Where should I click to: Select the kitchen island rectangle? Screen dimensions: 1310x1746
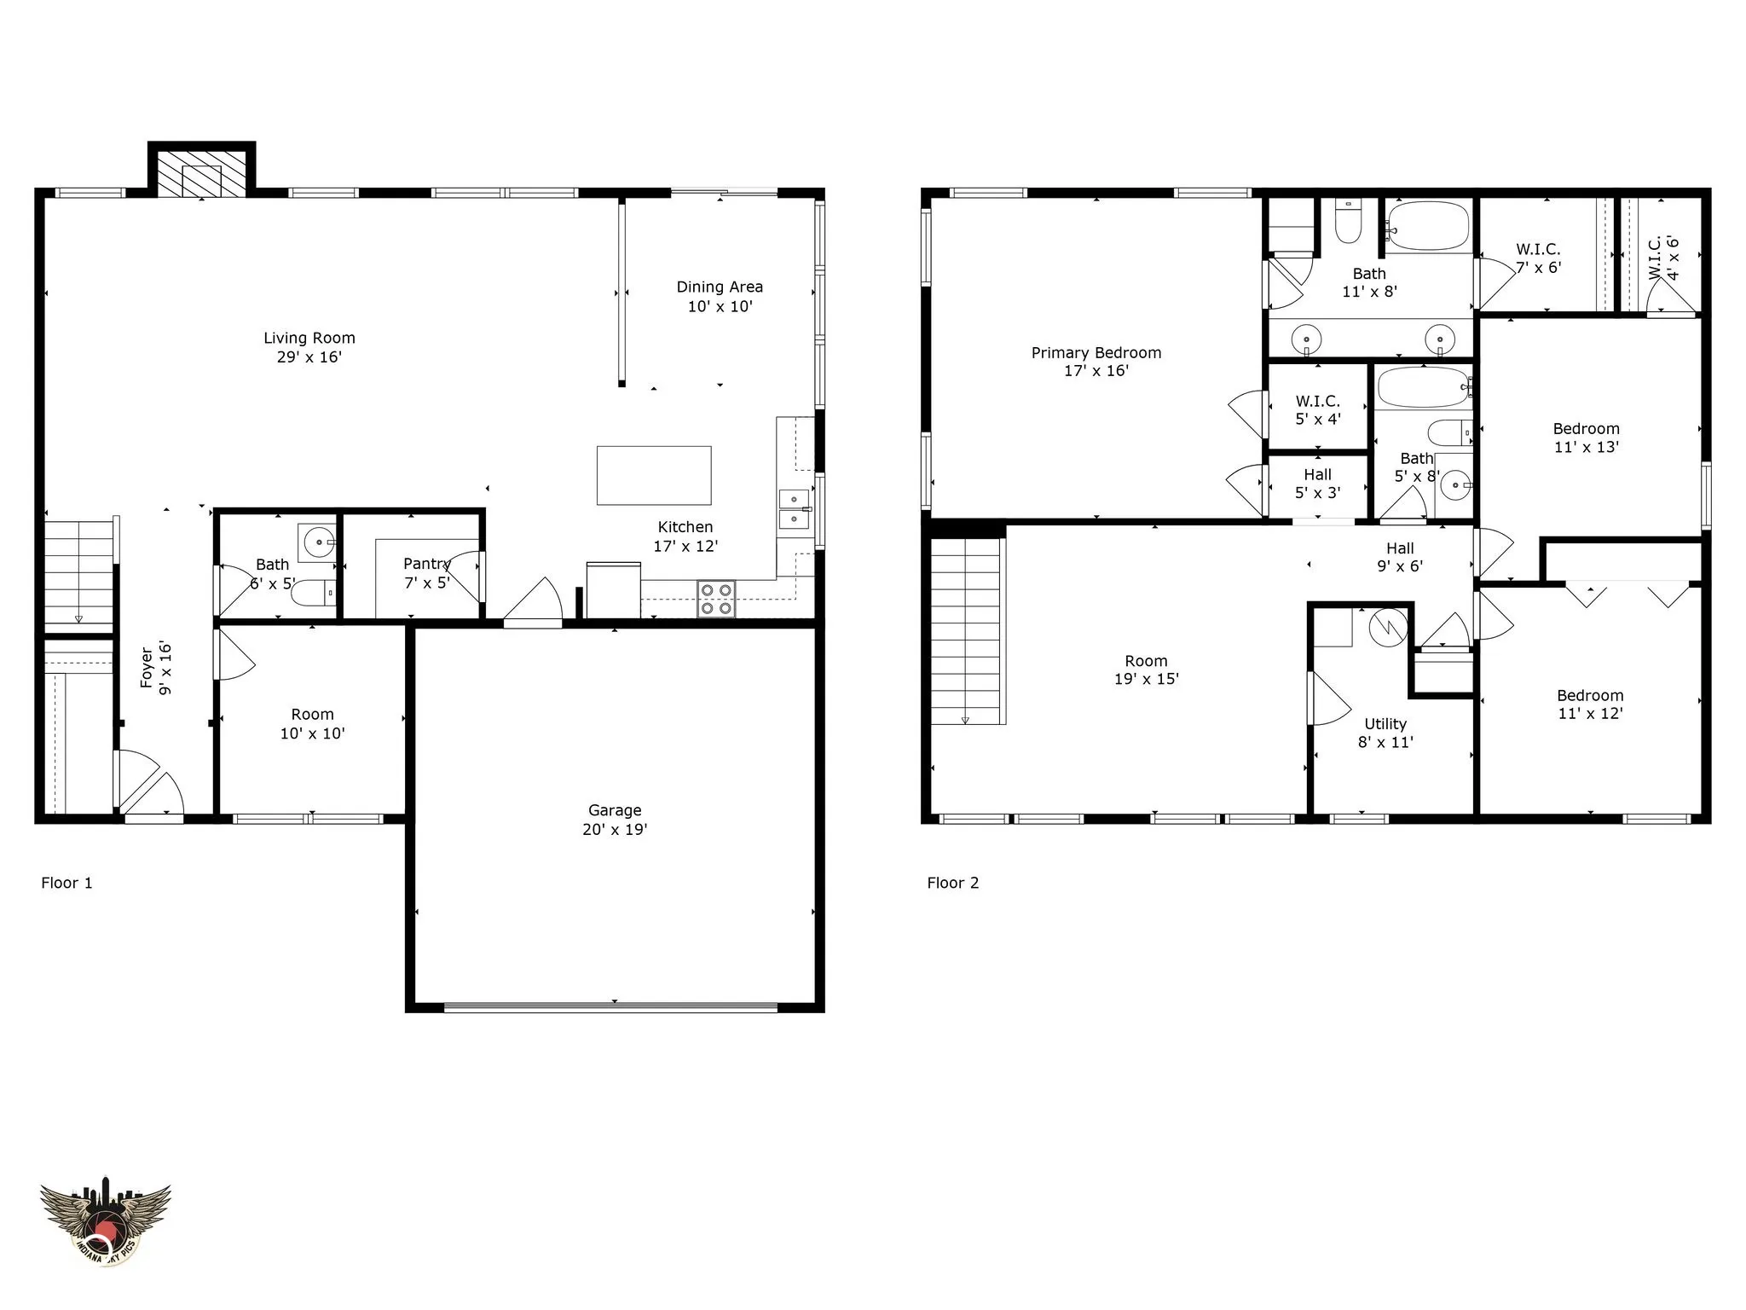pyautogui.click(x=654, y=475)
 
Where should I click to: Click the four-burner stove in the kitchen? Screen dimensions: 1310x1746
pyautogui.click(x=717, y=599)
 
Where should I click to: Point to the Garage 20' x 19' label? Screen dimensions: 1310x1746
pyautogui.click(x=615, y=820)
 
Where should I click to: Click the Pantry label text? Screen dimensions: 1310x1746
pyautogui.click(x=426, y=564)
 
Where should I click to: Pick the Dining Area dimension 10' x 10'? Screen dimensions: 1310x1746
pyautogui.click(x=720, y=307)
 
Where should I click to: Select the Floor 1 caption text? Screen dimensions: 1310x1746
pyautogui.click(x=66, y=884)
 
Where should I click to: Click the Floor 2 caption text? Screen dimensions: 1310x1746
pyautogui.click(x=953, y=884)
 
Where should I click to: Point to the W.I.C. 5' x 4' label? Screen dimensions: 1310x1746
pyautogui.click(x=1318, y=410)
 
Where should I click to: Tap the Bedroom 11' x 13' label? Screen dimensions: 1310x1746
pyautogui.click(x=1586, y=438)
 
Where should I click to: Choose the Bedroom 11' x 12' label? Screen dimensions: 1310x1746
pyautogui.click(x=1590, y=704)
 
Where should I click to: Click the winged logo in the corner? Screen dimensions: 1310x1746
pyautogui.click(x=106, y=1220)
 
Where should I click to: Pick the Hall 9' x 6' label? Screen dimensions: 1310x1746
pyautogui.click(x=1400, y=557)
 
